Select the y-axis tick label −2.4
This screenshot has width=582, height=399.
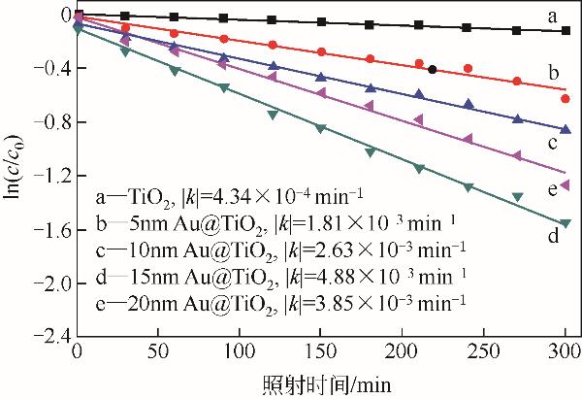(45, 336)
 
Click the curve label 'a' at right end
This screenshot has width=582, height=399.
(551, 16)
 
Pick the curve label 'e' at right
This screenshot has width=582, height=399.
(551, 187)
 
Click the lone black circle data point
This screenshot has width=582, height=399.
(433, 69)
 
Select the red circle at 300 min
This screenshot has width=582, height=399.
(566, 99)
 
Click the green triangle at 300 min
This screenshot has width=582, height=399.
(566, 222)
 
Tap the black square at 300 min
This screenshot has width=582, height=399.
(566, 31)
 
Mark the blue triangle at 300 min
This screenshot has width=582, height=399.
(566, 129)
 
